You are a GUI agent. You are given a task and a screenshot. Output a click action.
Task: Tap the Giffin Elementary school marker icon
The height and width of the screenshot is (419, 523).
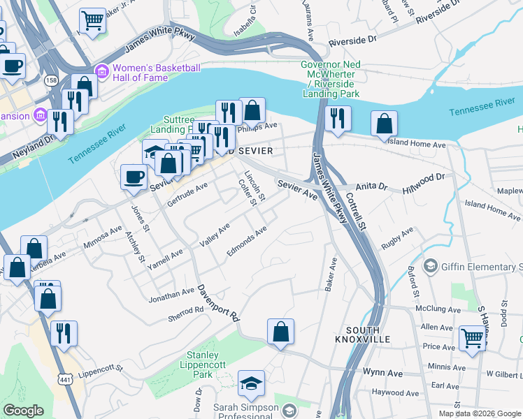430,267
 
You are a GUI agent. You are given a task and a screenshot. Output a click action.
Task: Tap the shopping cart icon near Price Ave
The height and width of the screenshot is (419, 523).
473,339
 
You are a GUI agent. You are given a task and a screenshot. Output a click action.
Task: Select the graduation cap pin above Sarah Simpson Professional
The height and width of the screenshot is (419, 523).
251,383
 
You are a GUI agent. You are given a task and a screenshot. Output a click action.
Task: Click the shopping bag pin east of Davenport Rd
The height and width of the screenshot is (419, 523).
280,332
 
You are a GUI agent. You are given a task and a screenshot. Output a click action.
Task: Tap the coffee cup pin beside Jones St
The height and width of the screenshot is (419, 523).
134,177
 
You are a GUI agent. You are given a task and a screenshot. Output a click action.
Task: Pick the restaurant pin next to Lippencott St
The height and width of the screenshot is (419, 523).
64,334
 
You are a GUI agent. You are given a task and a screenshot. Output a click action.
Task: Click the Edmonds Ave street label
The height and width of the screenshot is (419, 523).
247,241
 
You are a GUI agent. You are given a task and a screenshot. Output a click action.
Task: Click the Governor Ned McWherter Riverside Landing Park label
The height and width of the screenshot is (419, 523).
331,79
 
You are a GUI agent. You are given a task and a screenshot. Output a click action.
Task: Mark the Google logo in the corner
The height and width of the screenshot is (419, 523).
24,411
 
